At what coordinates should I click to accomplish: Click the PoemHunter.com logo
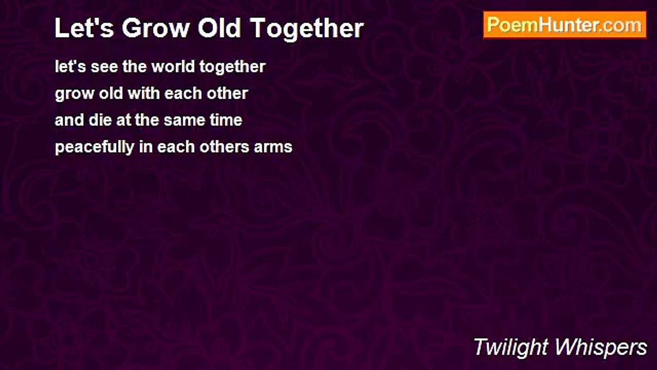(x=565, y=25)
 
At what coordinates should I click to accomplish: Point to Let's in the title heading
(x=84, y=28)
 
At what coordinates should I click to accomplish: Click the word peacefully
(x=94, y=147)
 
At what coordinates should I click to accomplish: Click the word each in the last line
(x=175, y=147)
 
